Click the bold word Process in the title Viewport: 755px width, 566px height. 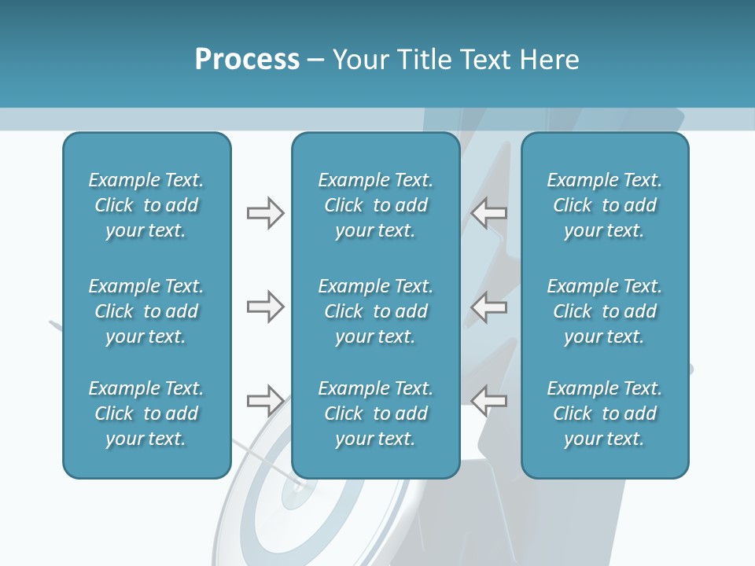tap(247, 60)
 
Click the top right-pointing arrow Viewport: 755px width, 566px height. tap(265, 213)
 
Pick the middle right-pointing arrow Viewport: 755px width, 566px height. tap(265, 307)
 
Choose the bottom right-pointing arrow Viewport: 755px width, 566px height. tap(265, 401)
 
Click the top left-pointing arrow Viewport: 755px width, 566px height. tap(489, 213)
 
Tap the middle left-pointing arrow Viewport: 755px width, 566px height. tap(489, 307)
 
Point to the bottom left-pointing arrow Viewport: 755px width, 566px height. tap(489, 401)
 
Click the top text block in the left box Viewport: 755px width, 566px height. tap(146, 205)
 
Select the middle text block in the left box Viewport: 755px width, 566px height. tap(146, 311)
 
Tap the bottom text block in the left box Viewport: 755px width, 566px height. tap(146, 413)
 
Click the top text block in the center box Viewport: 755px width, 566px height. tap(375, 205)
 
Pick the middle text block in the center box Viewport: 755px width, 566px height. tap(375, 311)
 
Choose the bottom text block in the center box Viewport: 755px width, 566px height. tap(375, 413)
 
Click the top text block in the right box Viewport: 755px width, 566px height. tap(604, 205)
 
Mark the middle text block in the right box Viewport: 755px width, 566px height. tap(604, 311)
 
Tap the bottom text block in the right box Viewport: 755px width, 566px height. tap(604, 413)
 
